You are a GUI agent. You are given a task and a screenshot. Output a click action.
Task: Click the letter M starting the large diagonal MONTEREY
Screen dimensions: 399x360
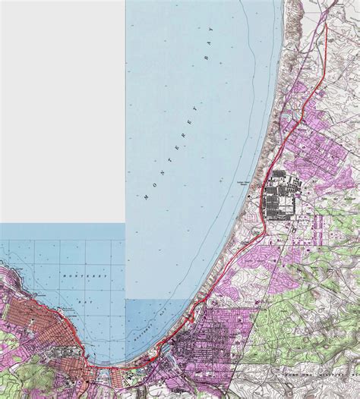[x=145, y=197]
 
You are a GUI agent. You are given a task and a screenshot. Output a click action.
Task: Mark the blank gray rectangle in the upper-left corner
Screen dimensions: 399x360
[x=62, y=110]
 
